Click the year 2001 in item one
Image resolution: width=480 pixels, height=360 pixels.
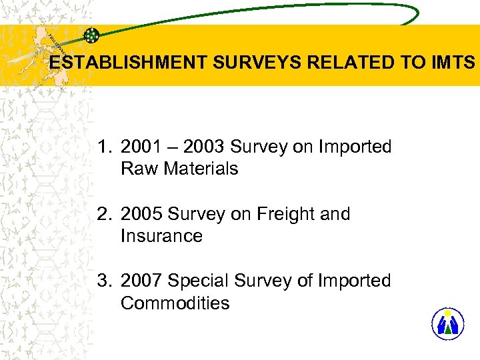coord(141,147)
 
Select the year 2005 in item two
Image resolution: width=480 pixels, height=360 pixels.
coord(141,214)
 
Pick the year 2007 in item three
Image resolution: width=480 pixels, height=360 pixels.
coord(141,281)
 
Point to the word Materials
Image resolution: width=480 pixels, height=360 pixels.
coord(199,169)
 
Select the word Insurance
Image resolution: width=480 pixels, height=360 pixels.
coord(161,236)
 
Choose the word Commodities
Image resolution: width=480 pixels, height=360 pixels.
coord(175,303)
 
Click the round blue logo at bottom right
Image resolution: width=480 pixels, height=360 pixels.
coord(447,324)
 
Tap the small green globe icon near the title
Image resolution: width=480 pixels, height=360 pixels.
coord(92,35)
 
